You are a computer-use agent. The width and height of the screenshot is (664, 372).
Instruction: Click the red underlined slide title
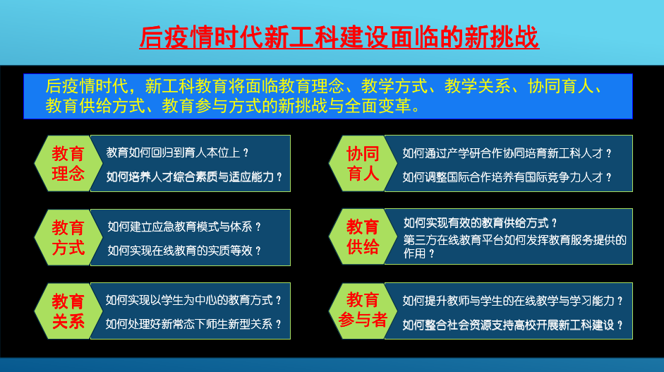pos(339,37)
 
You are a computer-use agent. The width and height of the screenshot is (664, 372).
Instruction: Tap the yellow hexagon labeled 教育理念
pos(68,163)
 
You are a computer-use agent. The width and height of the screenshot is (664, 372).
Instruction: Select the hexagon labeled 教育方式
pos(68,237)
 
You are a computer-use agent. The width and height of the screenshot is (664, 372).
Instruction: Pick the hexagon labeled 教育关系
pos(68,311)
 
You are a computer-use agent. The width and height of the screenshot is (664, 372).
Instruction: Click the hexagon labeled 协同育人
pos(363,163)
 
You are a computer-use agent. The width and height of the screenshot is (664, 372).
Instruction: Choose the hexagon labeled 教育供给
pos(363,237)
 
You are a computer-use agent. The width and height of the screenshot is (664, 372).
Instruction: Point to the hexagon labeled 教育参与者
pos(363,311)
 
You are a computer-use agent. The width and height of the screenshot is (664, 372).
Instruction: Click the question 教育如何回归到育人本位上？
pos(179,152)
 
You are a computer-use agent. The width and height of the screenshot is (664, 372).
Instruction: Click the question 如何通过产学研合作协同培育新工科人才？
pos(507,153)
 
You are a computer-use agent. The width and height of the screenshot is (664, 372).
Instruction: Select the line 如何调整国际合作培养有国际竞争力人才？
pos(507,177)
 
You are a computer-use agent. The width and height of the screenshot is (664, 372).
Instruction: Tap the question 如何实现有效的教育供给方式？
pos(481,224)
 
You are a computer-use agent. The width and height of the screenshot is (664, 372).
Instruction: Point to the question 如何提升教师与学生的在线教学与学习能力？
pos(513,301)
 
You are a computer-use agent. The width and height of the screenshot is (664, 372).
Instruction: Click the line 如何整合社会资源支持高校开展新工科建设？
pos(513,325)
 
